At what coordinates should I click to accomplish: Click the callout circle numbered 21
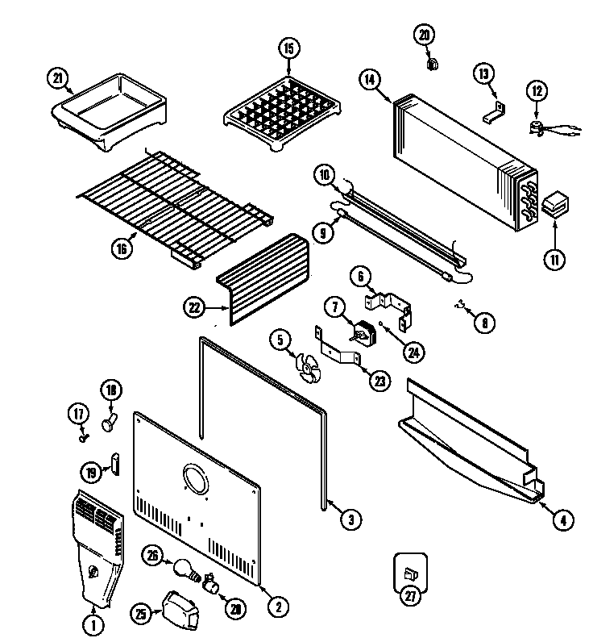(57, 77)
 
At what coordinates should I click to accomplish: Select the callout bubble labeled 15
(288, 48)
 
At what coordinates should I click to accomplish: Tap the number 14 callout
(369, 79)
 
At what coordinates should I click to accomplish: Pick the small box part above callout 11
(554, 205)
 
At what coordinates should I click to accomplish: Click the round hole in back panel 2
(196, 479)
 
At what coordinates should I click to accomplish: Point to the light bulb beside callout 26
(184, 569)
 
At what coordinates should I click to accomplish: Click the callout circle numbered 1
(93, 623)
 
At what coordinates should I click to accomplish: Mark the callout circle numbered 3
(348, 520)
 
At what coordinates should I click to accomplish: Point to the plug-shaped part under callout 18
(108, 419)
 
